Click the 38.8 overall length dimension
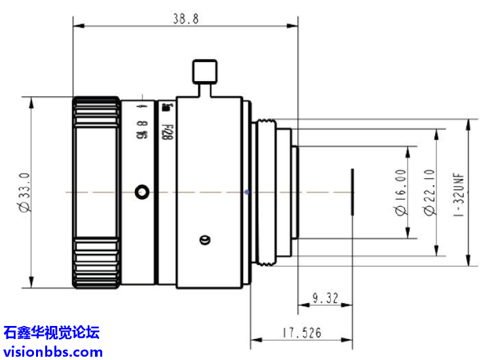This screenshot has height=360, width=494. tap(185, 19)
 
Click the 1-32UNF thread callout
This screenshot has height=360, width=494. tap(459, 194)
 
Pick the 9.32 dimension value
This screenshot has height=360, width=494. tap(325, 298)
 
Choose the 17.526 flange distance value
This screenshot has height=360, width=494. tap(302, 333)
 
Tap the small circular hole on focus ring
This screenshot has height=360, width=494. tap(142, 192)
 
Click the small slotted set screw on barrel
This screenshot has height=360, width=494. tap(204, 240)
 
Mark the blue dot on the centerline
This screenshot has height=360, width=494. tap(246, 192)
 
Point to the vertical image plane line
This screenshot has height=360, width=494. tap(352, 192)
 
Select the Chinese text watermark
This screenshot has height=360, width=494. tap(52, 333)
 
